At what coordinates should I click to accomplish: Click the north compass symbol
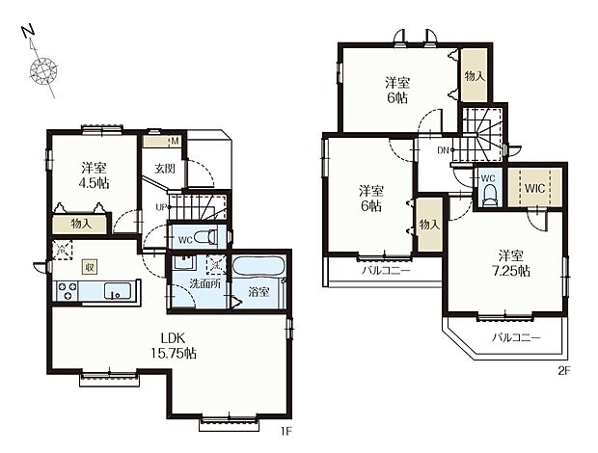[x=42, y=70]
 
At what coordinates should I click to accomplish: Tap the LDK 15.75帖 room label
[x=173, y=346]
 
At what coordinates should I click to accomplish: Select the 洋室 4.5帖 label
[x=94, y=175]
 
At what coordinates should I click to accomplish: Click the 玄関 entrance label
[x=165, y=169]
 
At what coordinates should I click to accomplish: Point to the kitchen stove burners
[x=68, y=290]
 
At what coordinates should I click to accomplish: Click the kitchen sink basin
[x=118, y=291]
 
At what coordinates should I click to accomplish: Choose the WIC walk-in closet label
[x=534, y=188]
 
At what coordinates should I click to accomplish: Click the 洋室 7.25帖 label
[x=510, y=263]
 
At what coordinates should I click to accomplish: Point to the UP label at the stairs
[x=160, y=207]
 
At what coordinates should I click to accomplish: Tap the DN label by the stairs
[x=443, y=150]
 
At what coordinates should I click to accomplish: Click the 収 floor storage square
[x=90, y=267]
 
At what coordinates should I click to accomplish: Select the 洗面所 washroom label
[x=205, y=284]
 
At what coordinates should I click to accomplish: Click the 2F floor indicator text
[x=564, y=371]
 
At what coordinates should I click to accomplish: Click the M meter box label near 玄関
[x=175, y=142]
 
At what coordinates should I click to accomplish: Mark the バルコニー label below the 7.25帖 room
[x=516, y=337]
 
